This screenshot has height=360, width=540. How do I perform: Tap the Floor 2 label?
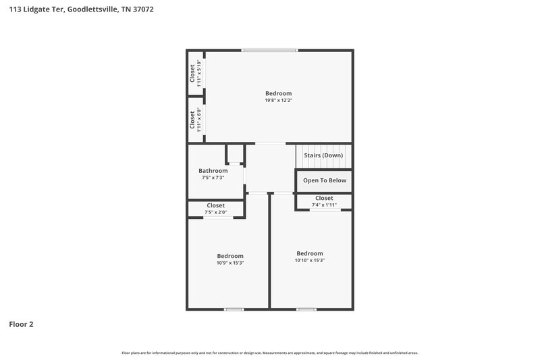click(21, 324)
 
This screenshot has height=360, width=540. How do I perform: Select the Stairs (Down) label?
click(323, 155)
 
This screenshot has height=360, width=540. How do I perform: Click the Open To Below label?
click(325, 180)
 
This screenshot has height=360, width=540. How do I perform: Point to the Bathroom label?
click(213, 171)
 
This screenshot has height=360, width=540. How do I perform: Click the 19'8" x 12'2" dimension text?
click(278, 100)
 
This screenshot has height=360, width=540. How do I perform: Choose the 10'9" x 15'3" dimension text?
click(230, 263)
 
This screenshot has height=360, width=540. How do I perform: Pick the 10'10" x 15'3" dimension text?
click(310, 261)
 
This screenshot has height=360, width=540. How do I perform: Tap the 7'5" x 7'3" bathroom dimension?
click(213, 178)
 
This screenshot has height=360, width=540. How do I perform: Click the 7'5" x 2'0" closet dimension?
click(215, 212)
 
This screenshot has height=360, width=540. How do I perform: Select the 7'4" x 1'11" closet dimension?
click(324, 205)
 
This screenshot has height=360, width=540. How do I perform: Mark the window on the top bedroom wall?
click(269, 50)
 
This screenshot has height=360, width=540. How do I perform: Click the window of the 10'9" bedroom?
click(234, 309)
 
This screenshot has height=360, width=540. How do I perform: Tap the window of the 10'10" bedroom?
click(306, 309)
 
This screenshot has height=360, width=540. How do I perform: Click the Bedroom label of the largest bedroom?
click(278, 93)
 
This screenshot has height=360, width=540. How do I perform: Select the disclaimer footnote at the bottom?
click(270, 353)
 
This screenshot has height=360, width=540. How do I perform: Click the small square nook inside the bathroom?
click(235, 154)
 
